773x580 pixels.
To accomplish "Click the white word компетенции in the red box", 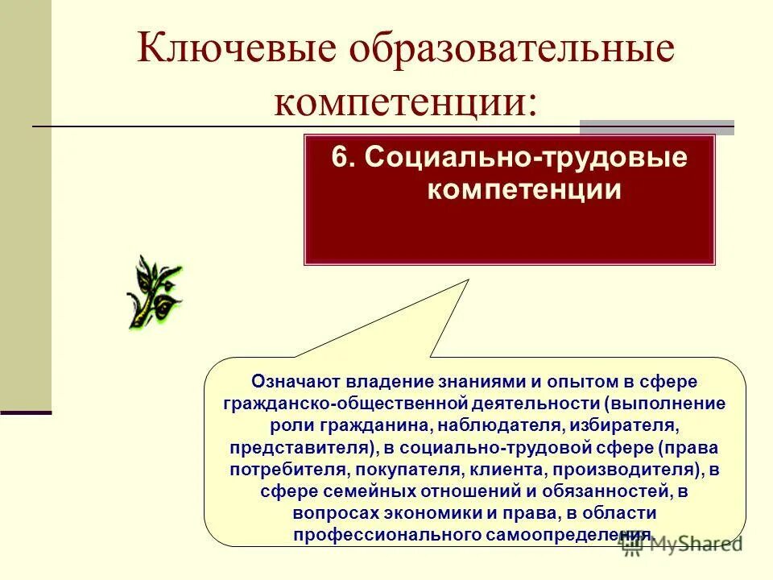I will click(x=523, y=190).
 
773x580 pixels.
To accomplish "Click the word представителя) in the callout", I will click(x=304, y=446).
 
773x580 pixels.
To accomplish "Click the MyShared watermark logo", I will click(x=681, y=544).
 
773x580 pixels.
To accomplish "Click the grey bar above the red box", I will click(x=656, y=126).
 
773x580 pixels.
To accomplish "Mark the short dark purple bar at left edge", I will click(x=25, y=412).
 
